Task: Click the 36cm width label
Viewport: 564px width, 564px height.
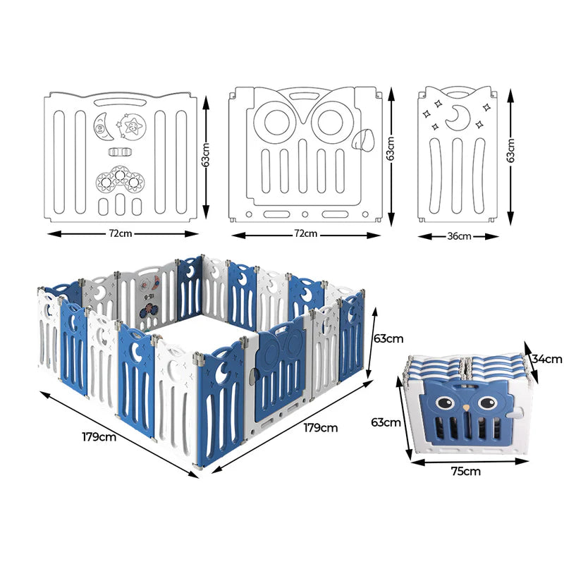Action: pyautogui.click(x=459, y=236)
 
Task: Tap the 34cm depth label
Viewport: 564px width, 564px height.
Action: pyautogui.click(x=547, y=359)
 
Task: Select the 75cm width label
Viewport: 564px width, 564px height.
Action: pyautogui.click(x=465, y=471)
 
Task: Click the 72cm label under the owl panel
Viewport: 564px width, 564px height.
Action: pyautogui.click(x=305, y=233)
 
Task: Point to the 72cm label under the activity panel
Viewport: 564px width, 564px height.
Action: pyautogui.click(x=120, y=233)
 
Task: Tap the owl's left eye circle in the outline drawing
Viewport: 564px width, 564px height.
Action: pyautogui.click(x=276, y=121)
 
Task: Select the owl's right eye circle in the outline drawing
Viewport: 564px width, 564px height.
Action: pyautogui.click(x=330, y=121)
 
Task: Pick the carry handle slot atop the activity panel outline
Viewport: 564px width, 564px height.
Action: pyautogui.click(x=118, y=102)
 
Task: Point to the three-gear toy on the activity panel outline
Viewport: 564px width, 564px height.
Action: pyautogui.click(x=120, y=179)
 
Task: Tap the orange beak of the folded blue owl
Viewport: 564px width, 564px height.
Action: pyautogui.click(x=466, y=408)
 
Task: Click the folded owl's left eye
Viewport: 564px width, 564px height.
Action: pyautogui.click(x=444, y=402)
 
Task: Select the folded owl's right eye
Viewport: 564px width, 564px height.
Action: pyautogui.click(x=487, y=402)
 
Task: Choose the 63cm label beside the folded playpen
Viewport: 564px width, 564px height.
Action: pyautogui.click(x=386, y=422)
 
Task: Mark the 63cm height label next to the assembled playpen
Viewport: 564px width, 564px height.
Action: pyautogui.click(x=388, y=338)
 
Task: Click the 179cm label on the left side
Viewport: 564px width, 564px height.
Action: pyautogui.click(x=99, y=436)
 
